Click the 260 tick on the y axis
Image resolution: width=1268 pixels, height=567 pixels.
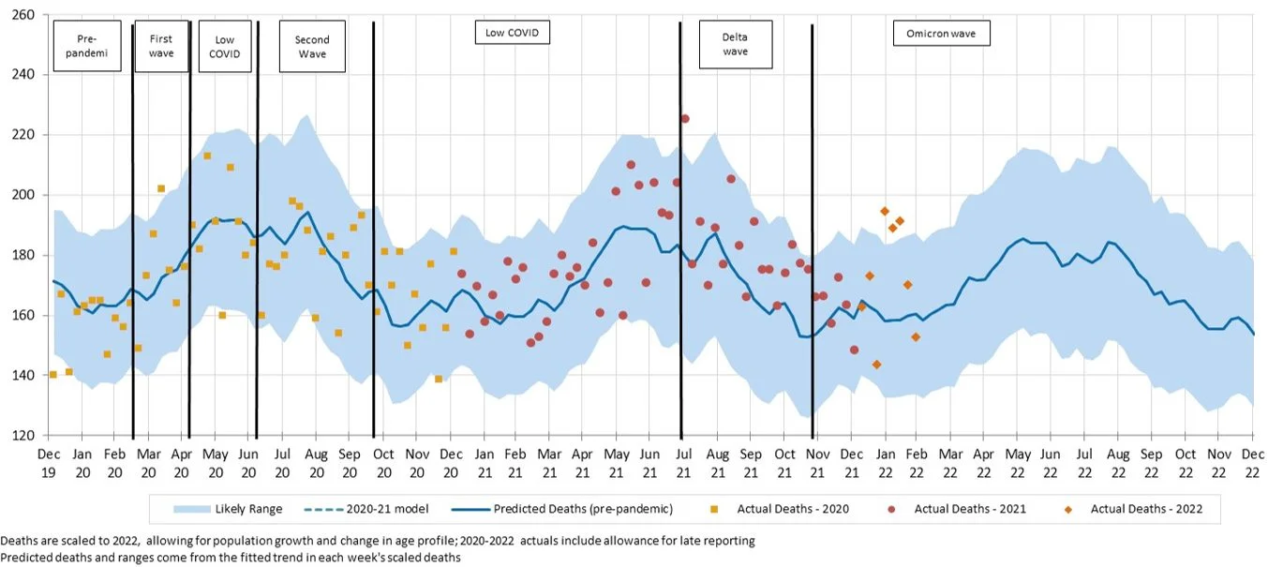pyautogui.click(x=22, y=15)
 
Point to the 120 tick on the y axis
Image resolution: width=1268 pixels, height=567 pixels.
pyautogui.click(x=22, y=436)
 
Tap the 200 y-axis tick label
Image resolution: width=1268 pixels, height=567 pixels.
pyautogui.click(x=22, y=195)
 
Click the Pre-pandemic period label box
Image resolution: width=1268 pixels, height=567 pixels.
pyautogui.click(x=87, y=47)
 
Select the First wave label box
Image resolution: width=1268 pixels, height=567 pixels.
pyautogui.click(x=161, y=47)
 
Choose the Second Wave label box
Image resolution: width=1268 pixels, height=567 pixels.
pyautogui.click(x=312, y=47)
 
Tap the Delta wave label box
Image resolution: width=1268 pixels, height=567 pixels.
pyautogui.click(x=735, y=44)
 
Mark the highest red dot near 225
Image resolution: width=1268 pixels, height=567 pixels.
pyautogui.click(x=685, y=119)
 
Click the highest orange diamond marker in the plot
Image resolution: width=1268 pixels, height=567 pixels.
pyautogui.click(x=885, y=211)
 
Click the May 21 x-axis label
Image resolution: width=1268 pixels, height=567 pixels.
pyautogui.click(x=617, y=460)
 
